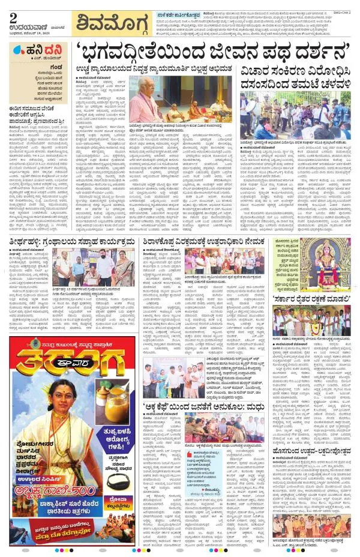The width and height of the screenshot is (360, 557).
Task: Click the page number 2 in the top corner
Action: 13,17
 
